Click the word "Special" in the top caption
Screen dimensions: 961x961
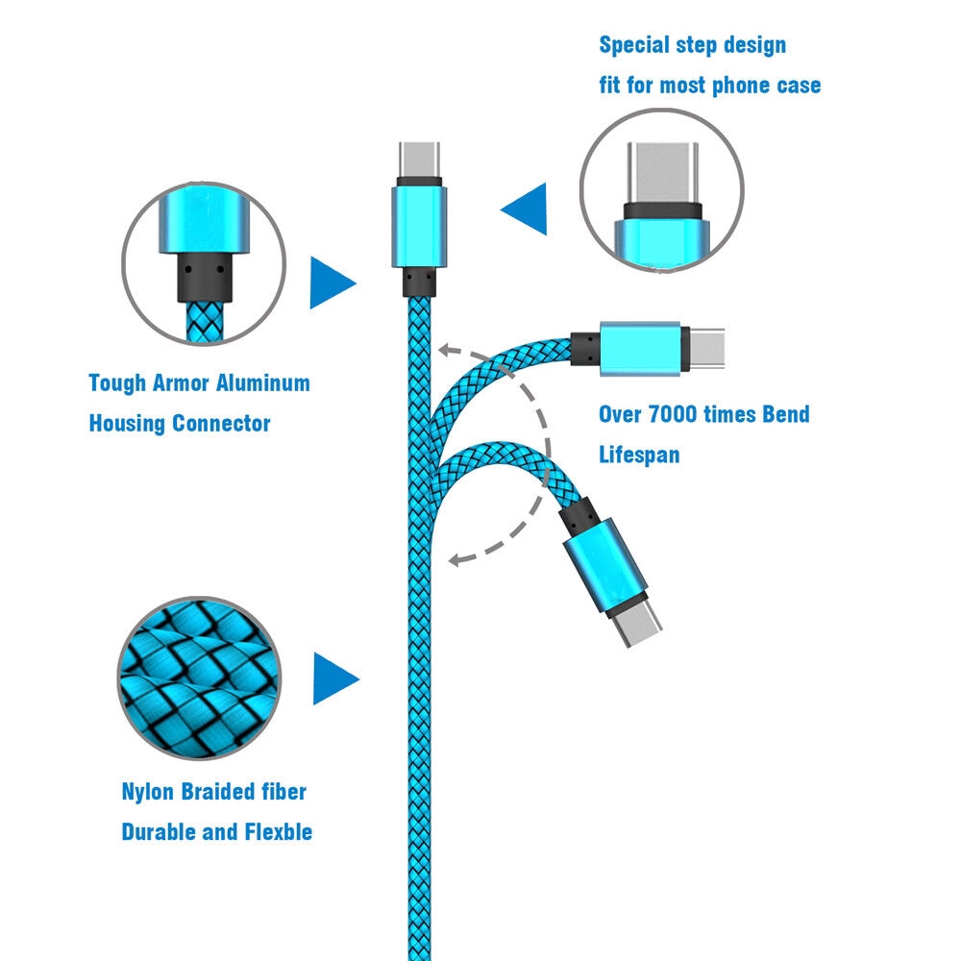point(633,46)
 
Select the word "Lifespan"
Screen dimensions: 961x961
point(639,456)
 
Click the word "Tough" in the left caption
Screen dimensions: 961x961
point(117,383)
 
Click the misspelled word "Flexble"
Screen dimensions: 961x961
point(279,831)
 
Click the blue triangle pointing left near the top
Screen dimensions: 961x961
point(524,209)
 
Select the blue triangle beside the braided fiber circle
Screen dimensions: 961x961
point(335,678)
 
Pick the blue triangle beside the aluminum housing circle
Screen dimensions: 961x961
point(333,283)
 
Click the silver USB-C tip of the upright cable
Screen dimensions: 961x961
point(419,160)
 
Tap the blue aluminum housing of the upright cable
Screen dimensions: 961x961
point(419,228)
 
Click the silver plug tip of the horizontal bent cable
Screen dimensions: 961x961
point(706,348)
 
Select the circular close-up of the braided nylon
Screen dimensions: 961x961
point(199,678)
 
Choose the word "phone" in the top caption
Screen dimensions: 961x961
point(742,86)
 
